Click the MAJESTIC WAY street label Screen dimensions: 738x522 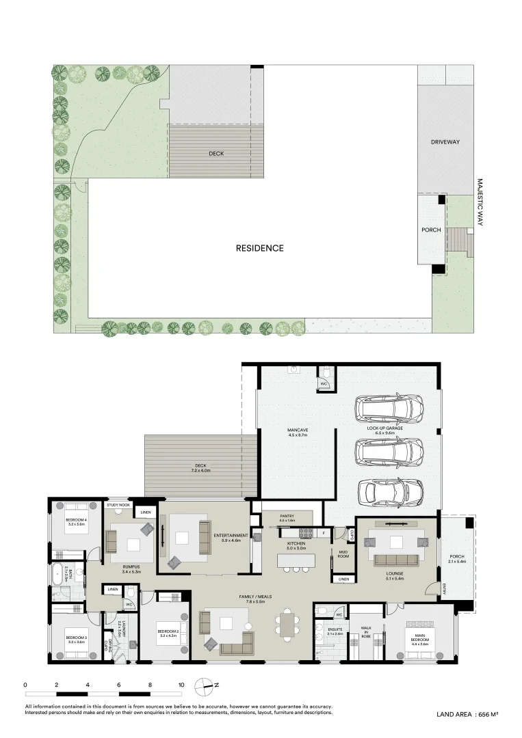point(480,203)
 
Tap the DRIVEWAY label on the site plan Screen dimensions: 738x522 point(445,142)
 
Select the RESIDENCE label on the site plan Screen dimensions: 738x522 point(259,248)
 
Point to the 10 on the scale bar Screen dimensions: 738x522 point(181,684)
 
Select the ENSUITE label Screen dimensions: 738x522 point(335,631)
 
